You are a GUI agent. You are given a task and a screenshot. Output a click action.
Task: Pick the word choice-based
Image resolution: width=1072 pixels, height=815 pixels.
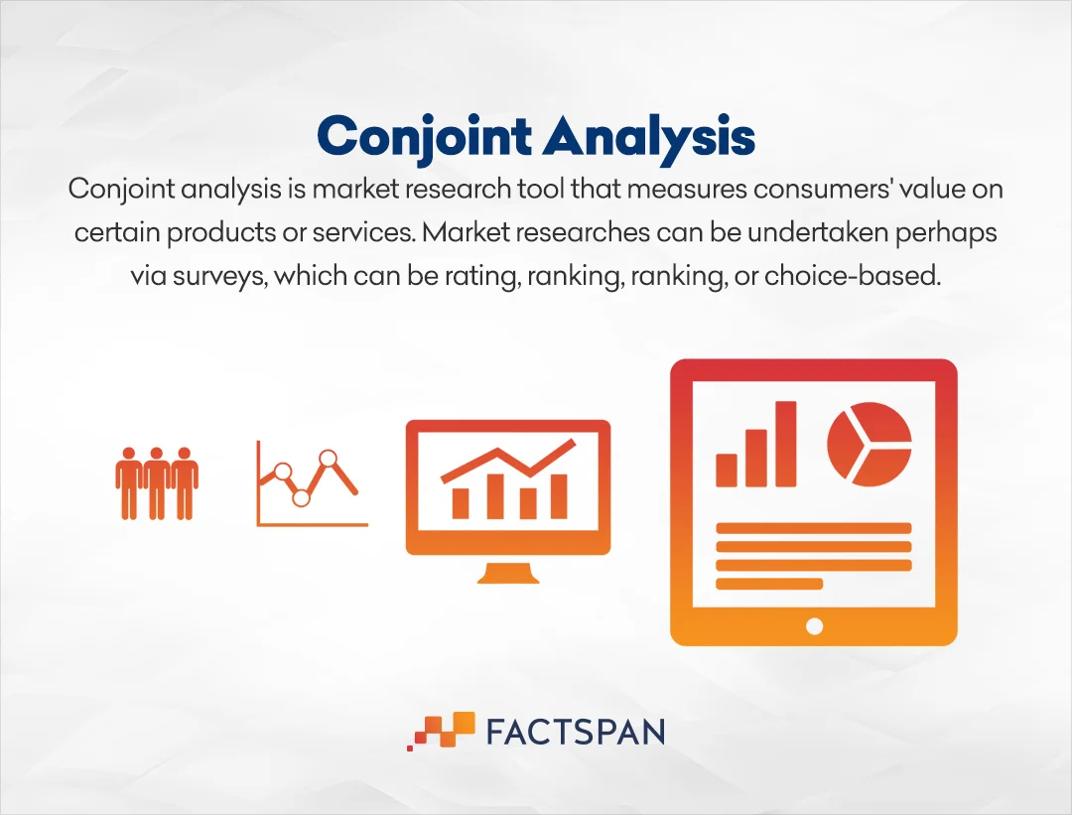tap(853, 276)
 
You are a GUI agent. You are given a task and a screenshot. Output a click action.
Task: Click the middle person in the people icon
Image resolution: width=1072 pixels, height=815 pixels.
tap(157, 483)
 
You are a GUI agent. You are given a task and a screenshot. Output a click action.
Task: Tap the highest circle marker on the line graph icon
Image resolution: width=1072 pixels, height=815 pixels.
tap(329, 458)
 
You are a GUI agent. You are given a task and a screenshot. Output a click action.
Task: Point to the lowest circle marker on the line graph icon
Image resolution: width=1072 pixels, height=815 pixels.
tap(301, 497)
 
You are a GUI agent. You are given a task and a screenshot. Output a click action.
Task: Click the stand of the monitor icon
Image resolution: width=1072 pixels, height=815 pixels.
tap(508, 574)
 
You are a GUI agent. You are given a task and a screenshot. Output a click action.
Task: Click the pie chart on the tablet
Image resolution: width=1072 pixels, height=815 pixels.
tap(870, 444)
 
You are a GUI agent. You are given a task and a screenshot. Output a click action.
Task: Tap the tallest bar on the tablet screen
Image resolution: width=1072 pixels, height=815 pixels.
tap(786, 444)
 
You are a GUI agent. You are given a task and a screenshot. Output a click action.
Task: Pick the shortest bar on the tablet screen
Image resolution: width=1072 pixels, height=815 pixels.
tap(726, 470)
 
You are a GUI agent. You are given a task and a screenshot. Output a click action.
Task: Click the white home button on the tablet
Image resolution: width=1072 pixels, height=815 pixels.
tap(814, 625)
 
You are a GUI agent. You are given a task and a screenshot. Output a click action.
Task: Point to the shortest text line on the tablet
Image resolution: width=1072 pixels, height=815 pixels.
tap(769, 584)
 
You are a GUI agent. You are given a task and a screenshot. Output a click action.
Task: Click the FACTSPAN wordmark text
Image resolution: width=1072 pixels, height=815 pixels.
tap(576, 732)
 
